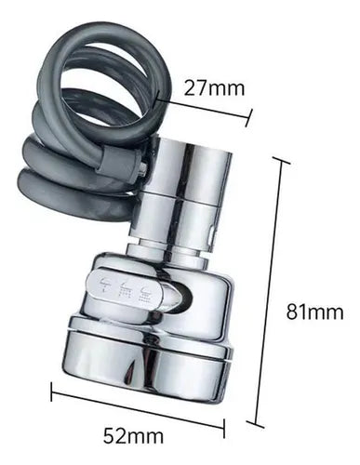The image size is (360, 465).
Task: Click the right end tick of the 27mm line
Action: point(248,117)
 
